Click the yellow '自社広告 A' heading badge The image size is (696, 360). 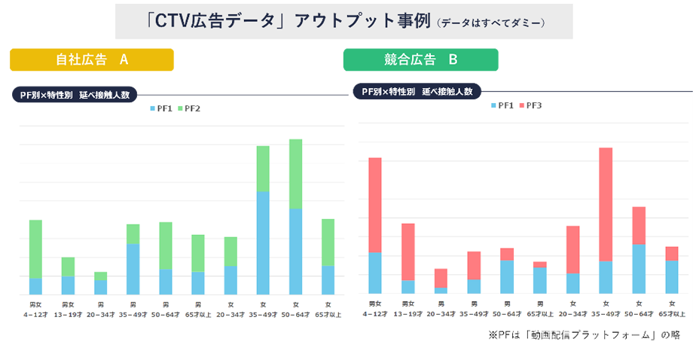(92, 59)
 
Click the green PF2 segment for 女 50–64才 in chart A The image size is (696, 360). (295, 174)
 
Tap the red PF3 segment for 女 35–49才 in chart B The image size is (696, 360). (606, 204)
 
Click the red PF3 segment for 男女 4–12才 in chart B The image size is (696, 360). (374, 205)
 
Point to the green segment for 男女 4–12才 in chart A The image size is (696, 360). (35, 249)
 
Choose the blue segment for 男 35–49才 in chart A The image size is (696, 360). (133, 269)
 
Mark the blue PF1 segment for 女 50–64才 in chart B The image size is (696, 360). (638, 269)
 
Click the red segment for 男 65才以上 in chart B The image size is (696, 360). (539, 264)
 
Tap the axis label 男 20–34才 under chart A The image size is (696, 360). (100, 310)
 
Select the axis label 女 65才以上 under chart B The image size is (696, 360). (671, 308)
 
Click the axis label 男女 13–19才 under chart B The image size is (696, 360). (408, 308)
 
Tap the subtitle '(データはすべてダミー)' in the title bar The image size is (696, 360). (490, 23)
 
